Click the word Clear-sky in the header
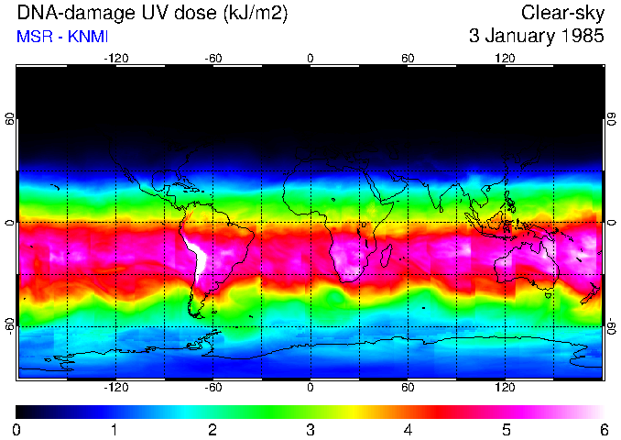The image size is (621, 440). click(562, 13)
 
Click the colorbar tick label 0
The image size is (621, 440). click(16, 429)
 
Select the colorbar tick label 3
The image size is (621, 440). click(310, 429)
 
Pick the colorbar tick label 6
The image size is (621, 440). click(603, 429)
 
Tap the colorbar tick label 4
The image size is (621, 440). click(408, 429)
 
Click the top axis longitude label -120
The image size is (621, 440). click(115, 59)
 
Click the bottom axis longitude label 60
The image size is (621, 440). click(408, 387)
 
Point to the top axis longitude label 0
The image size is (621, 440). click(310, 59)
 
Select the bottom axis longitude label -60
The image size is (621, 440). click(212, 387)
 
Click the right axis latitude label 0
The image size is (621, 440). click(611, 223)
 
